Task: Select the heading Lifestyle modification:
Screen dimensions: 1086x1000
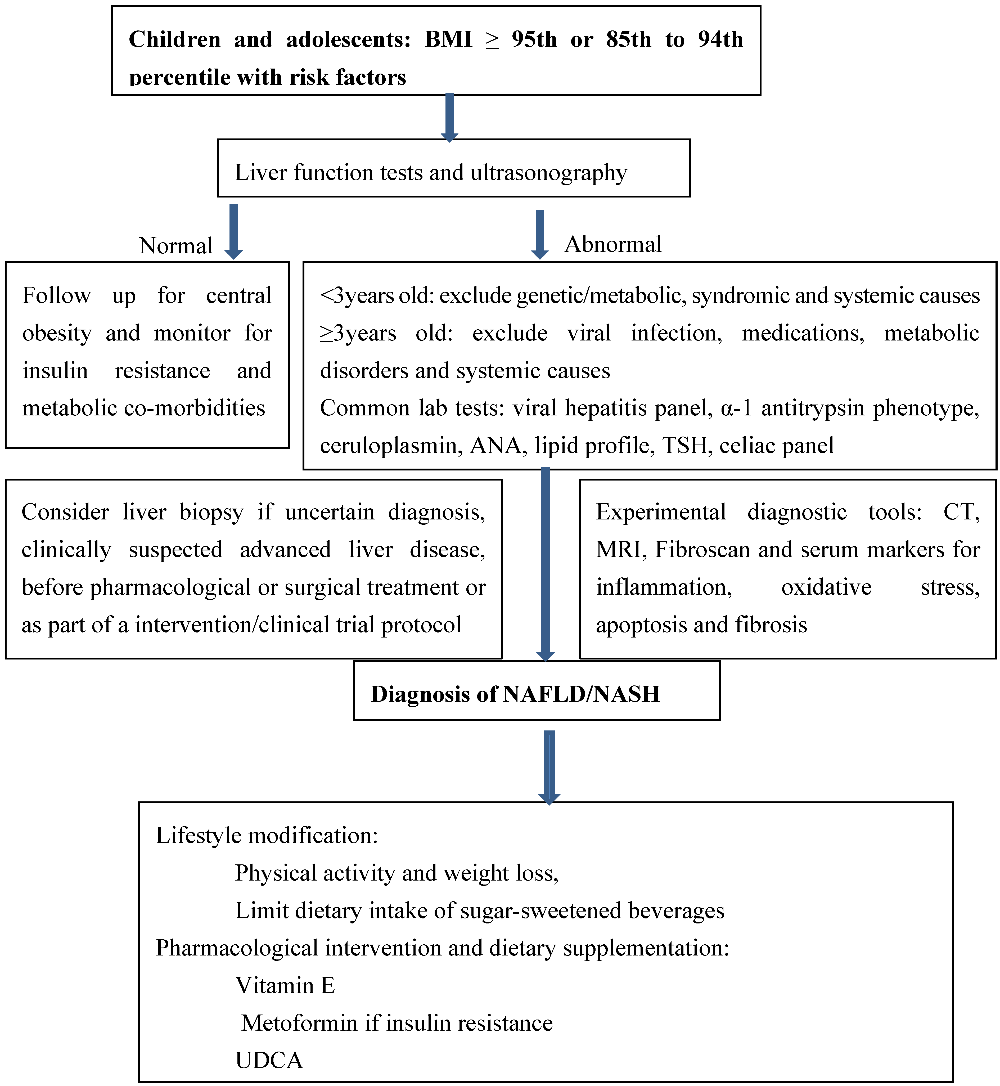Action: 267,836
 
